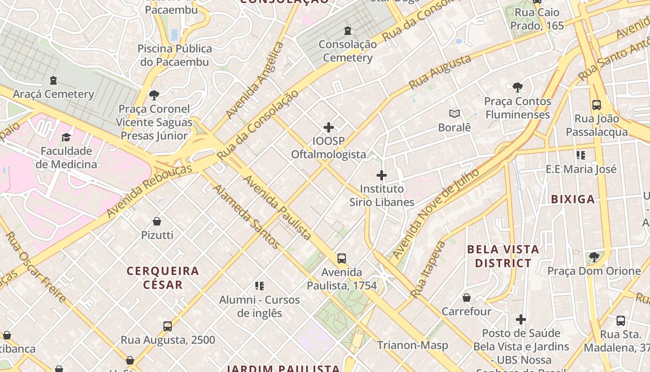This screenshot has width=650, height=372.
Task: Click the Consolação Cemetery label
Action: [x=348, y=51]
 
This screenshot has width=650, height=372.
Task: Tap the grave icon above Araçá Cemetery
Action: [x=53, y=80]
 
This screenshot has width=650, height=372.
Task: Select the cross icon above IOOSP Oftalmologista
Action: [x=329, y=127]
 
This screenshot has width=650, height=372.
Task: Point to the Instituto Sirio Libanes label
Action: [x=382, y=195]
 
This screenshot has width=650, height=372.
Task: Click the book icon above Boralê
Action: [x=455, y=113]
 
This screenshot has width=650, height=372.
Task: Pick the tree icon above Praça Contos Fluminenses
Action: [x=518, y=87]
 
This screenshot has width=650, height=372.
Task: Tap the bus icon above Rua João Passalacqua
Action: [x=597, y=105]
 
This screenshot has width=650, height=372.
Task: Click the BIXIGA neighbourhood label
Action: [x=572, y=199]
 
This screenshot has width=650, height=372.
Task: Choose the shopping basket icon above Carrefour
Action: [x=467, y=298]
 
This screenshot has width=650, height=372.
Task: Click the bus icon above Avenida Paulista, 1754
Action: [x=342, y=259]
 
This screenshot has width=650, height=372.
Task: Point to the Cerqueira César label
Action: [x=163, y=278]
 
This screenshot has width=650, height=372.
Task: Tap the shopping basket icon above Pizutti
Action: [x=157, y=221]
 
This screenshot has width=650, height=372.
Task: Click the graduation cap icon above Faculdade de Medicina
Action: [x=66, y=138]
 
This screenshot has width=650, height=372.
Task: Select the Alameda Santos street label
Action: [x=247, y=217]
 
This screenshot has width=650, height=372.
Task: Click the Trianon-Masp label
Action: [x=412, y=345]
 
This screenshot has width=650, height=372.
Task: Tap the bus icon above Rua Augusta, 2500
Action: [x=168, y=326]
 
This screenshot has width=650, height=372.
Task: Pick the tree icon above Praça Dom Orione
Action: [x=594, y=257]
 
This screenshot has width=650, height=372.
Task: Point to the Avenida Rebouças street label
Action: [x=149, y=191]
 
